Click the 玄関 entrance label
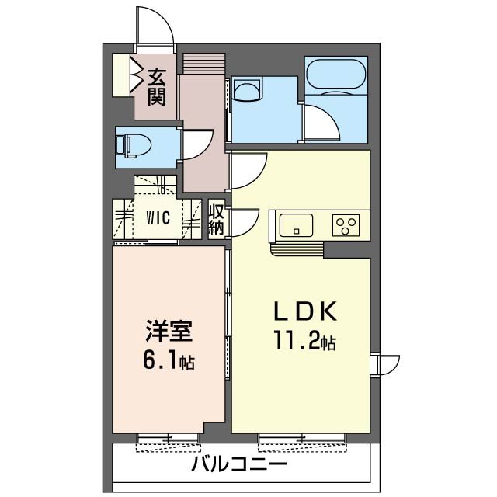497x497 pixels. pyautogui.click(x=157, y=86)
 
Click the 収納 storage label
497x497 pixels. pyautogui.click(x=217, y=219)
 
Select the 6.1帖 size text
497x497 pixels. pyautogui.click(x=167, y=361)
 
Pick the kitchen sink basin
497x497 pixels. pyautogui.click(x=293, y=226)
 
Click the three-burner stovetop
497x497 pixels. pyautogui.click(x=346, y=224)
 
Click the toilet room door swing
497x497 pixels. pyautogui.click(x=198, y=144)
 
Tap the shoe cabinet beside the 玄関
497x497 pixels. pyautogui.click(x=121, y=75)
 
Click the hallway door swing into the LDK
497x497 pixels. pyautogui.click(x=247, y=169)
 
